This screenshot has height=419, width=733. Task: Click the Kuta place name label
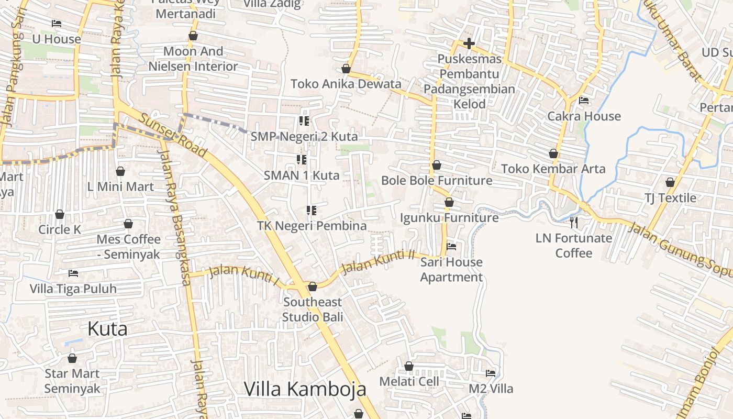click(x=107, y=329)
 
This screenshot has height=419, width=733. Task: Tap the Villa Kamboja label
click(x=305, y=389)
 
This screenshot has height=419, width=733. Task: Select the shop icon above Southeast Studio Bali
click(x=313, y=286)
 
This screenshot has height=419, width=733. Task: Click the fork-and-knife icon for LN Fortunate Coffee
click(x=574, y=223)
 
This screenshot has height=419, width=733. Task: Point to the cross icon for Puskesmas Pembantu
click(x=469, y=43)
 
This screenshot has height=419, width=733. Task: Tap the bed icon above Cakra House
click(x=584, y=101)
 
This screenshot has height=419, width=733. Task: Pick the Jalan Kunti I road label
click(x=244, y=274)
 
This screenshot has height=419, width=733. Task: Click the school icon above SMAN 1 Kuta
click(x=302, y=159)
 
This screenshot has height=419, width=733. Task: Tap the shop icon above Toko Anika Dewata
click(x=346, y=69)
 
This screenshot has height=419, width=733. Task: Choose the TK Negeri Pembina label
click(x=312, y=226)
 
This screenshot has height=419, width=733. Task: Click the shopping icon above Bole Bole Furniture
click(x=437, y=166)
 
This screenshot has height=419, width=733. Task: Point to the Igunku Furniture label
click(x=449, y=217)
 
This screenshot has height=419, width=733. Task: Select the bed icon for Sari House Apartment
click(x=451, y=247)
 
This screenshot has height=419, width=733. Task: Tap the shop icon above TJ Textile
click(x=670, y=182)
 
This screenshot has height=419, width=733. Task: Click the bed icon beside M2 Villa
click(x=491, y=373)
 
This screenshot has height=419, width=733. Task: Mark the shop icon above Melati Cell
click(x=409, y=366)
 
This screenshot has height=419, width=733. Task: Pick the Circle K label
click(x=60, y=229)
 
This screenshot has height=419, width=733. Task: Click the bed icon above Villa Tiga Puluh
click(x=73, y=273)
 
